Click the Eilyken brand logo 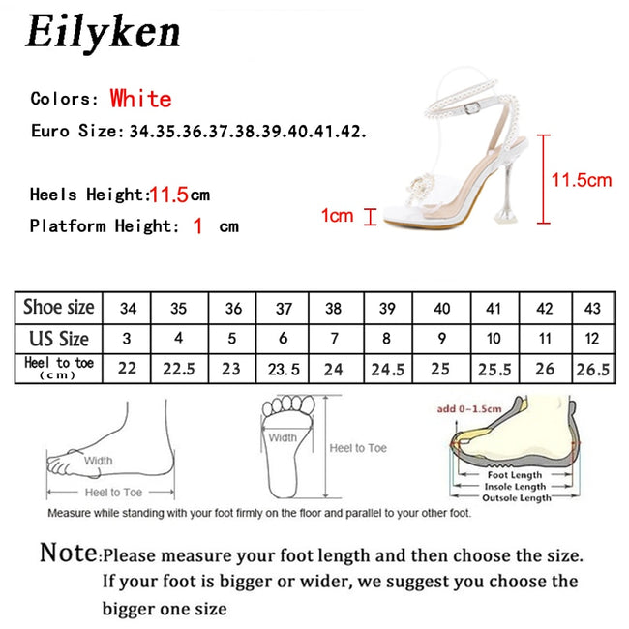[103, 33]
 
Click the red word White [140, 99]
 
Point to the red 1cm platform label [337, 216]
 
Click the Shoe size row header [59, 308]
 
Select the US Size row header [59, 338]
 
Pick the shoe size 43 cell [593, 309]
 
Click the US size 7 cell [333, 339]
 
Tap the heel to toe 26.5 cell [593, 369]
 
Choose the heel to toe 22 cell [127, 369]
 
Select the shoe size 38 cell [333, 309]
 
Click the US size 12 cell [593, 339]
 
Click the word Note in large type [68, 554]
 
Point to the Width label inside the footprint [283, 438]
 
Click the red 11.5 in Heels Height [167, 195]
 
